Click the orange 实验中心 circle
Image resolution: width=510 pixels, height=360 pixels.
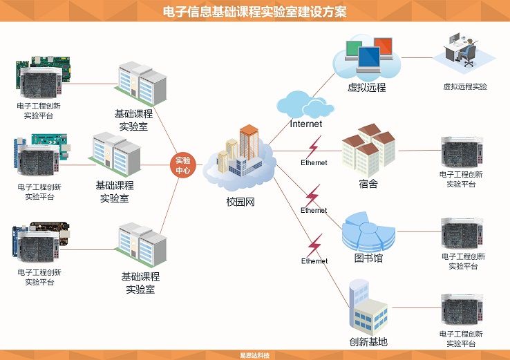(183, 165)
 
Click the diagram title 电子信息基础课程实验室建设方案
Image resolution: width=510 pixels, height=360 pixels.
(254, 12)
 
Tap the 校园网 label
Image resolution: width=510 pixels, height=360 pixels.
(240, 202)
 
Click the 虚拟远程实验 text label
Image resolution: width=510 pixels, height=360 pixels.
(465, 87)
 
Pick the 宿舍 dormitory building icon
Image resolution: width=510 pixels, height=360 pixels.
(368, 149)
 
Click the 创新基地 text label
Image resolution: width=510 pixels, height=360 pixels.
(368, 342)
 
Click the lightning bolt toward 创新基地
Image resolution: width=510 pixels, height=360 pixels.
(314, 245)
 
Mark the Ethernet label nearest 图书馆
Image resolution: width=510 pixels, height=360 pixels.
(314, 210)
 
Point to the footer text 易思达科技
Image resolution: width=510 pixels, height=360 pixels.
(254, 355)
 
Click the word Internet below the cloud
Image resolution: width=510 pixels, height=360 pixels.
(306, 124)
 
